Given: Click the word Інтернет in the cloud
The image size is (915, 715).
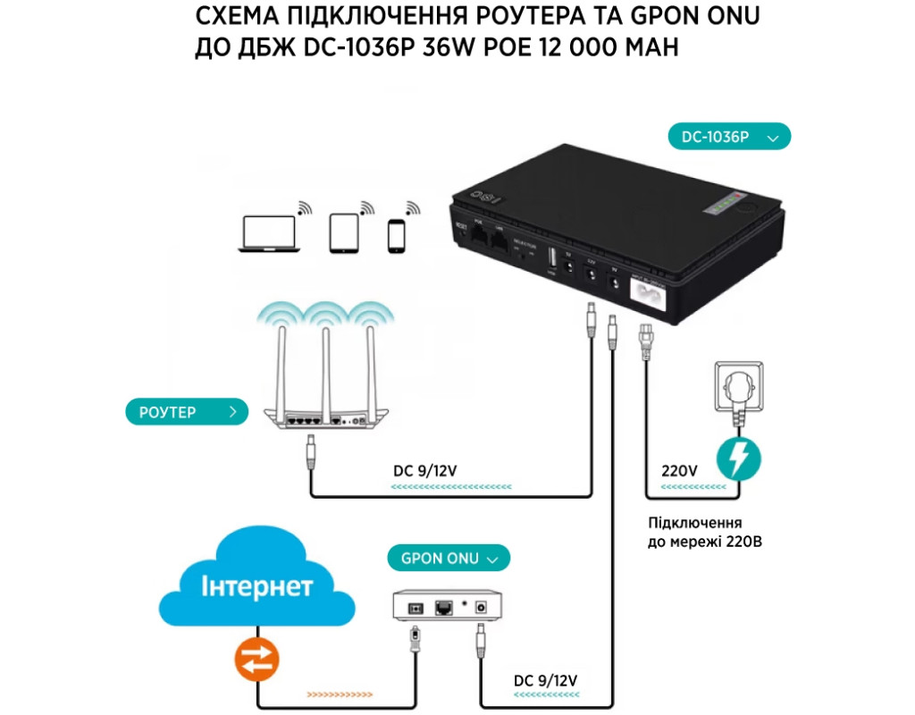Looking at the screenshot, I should (256, 587).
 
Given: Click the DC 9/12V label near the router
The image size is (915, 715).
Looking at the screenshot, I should (431, 470).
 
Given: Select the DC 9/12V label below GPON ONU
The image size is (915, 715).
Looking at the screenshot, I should (546, 681).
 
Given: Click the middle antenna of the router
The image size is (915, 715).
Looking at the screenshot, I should (326, 366).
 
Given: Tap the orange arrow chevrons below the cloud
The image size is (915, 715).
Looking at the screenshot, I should (339, 693).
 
